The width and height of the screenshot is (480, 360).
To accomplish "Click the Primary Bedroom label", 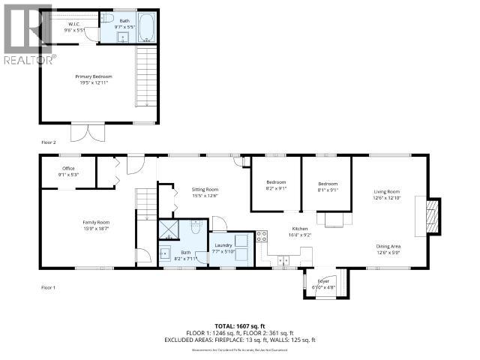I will tap(93, 79).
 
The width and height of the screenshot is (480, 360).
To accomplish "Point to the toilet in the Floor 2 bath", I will tap(107, 19).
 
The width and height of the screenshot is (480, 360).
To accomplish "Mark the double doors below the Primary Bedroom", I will tap(85, 131).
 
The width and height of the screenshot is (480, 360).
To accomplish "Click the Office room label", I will tap(69, 172).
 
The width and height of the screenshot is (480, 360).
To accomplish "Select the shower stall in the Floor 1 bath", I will tap(169, 228).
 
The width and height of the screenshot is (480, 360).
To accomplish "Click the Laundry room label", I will tap(223, 247).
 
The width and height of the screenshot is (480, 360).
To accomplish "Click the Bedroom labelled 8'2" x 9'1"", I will tap(276, 186).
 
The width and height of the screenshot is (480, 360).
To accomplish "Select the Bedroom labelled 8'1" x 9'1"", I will tap(328, 186).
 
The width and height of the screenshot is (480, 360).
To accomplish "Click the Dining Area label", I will tap(388, 248).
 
